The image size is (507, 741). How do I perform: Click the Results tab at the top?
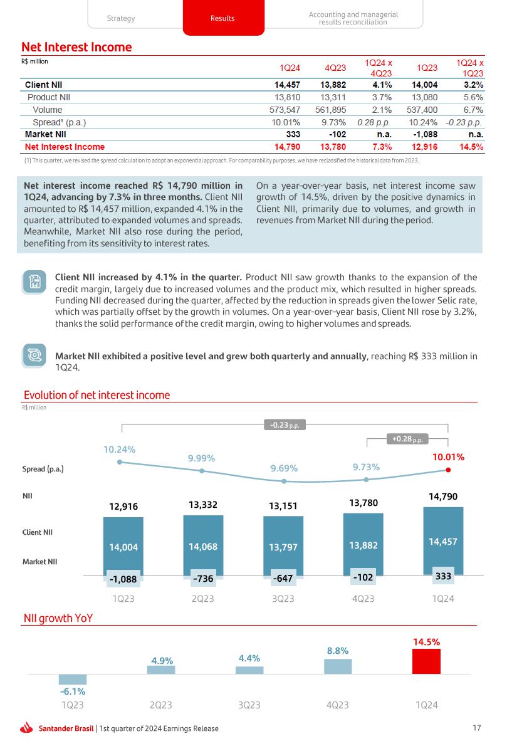[x=222, y=18]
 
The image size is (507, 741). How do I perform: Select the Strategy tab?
[x=121, y=18]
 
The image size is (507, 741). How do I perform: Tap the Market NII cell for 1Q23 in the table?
[x=425, y=134]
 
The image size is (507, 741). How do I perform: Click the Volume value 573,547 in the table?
[x=284, y=110]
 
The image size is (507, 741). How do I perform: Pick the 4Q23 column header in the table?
[x=334, y=68]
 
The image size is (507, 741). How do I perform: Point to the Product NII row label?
[x=49, y=97]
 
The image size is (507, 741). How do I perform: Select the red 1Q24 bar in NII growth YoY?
[x=426, y=661]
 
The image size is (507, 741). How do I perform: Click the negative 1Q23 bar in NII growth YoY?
[x=73, y=680]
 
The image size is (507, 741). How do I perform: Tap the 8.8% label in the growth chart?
[x=337, y=651]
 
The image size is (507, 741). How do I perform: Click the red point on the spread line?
[x=448, y=470]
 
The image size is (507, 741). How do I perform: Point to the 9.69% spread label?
[x=284, y=468]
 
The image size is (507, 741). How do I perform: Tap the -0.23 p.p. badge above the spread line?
[x=285, y=425]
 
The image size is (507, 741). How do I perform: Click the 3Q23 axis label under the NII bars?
[x=283, y=599]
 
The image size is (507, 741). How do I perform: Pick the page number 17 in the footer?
[x=477, y=728]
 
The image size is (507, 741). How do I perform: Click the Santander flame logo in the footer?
[x=27, y=728]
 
